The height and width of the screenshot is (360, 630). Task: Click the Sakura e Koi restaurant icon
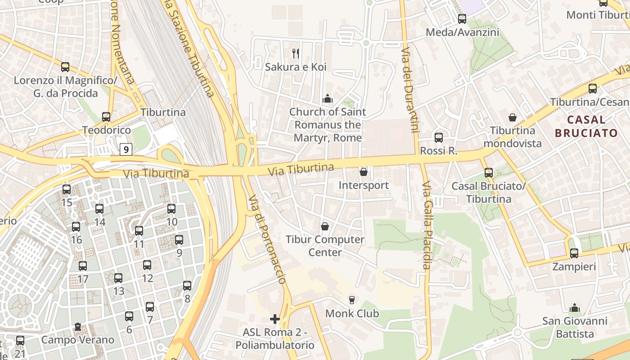296,54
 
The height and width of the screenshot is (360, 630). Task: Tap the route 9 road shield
126,149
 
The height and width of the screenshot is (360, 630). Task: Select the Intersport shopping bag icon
364,172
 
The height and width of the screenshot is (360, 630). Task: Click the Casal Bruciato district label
586,126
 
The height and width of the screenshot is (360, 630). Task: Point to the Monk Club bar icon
352,300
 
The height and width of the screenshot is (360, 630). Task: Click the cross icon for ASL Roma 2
275,319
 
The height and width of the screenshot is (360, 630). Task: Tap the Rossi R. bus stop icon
438,138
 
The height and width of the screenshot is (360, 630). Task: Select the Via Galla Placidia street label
427,225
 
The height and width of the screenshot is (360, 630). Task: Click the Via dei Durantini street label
408,90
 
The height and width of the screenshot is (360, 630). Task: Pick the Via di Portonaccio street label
267,239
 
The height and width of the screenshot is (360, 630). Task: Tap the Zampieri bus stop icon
574,253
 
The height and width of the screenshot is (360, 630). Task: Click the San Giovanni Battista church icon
574,308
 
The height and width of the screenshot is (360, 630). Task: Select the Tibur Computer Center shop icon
324,226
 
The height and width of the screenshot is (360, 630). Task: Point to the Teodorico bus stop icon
106,117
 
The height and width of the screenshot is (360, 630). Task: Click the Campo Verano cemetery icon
78,326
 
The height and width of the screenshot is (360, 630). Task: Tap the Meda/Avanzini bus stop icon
462,19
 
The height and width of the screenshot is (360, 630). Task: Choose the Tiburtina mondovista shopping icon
512,117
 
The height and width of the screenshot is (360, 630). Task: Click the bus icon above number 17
83,266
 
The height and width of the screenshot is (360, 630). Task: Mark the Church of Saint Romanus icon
328,99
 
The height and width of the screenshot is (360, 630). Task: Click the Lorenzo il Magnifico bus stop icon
65,67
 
